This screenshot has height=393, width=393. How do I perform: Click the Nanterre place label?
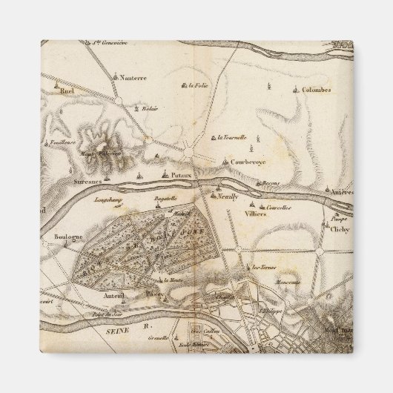pyautogui.click(x=133, y=76)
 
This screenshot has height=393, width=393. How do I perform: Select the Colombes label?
pyautogui.click(x=296, y=90)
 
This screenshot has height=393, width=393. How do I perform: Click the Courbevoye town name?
pyautogui.click(x=248, y=161)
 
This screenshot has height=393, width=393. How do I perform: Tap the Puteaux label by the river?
pyautogui.click(x=181, y=175)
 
